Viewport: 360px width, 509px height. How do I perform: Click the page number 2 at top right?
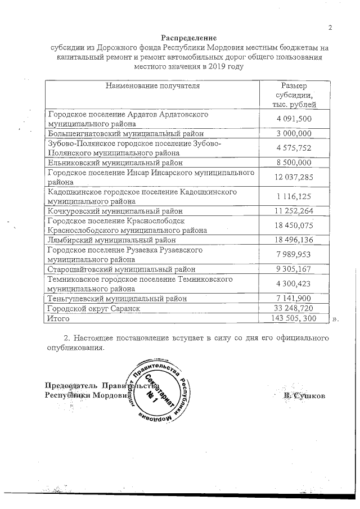[x=330, y=28]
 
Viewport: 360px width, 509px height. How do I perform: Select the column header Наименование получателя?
[x=152, y=86]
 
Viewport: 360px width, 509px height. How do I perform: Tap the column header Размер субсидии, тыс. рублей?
[x=294, y=95]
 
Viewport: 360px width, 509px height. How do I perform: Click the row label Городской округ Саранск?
[x=93, y=308]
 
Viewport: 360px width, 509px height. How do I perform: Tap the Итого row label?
[x=59, y=318]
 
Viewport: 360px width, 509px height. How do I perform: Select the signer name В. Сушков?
[x=304, y=395]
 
